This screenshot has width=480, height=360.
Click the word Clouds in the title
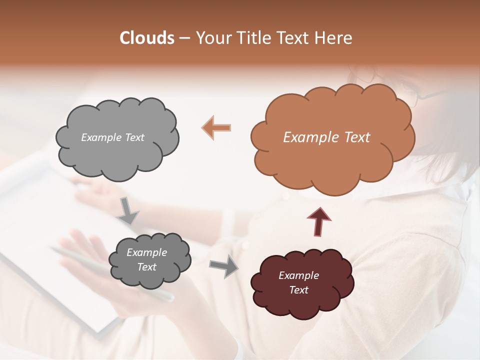tap(147, 38)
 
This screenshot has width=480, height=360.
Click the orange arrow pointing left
tap(216, 127)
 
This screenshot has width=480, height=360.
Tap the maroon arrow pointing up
tap(319, 221)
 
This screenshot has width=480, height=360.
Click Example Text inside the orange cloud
tap(326, 137)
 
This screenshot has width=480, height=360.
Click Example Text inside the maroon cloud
tap(298, 282)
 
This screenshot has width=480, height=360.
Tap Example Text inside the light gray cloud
tap(112, 137)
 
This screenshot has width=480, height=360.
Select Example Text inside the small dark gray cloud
tap(146, 259)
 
